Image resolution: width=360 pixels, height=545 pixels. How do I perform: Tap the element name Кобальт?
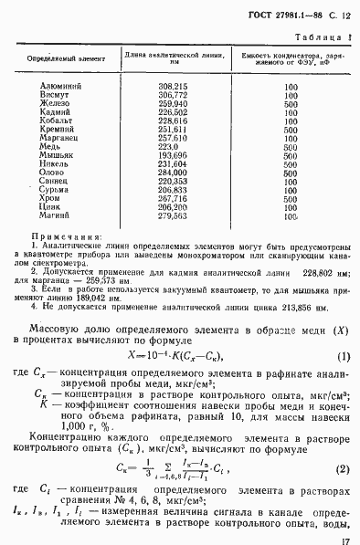pyautogui.click(x=58, y=120)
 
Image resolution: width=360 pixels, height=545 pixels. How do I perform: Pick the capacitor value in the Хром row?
pyautogui.click(x=291, y=224)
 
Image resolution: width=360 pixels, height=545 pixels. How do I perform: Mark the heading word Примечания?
pyautogui.click(x=65, y=260)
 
